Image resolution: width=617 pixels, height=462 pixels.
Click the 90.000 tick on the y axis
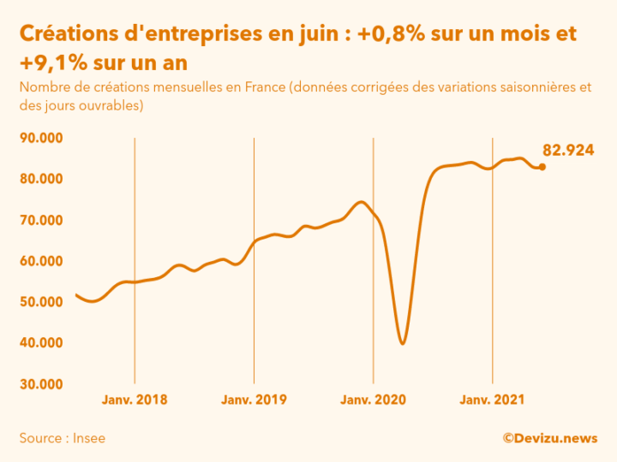click(x=42, y=138)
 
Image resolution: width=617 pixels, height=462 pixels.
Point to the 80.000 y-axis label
click(x=42, y=179)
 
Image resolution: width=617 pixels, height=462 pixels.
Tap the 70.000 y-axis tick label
click(x=42, y=220)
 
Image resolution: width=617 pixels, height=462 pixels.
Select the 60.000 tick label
click(x=42, y=261)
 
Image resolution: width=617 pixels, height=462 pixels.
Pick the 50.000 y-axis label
click(x=42, y=302)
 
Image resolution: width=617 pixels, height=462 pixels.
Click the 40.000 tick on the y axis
click(x=42, y=343)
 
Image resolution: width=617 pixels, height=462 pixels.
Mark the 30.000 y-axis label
click(x=42, y=384)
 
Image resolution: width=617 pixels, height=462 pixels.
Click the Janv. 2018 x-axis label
click(x=135, y=400)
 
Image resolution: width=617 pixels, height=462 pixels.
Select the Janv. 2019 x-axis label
click(x=254, y=400)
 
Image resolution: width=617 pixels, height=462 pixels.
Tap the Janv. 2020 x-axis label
click(x=373, y=400)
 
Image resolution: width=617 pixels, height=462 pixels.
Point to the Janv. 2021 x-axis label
click(x=492, y=400)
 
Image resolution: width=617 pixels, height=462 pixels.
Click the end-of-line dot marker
click(x=542, y=167)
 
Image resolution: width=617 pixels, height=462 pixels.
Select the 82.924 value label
click(x=568, y=150)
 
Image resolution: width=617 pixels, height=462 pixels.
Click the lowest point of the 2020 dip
click(x=403, y=343)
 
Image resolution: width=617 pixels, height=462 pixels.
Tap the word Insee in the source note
click(x=90, y=438)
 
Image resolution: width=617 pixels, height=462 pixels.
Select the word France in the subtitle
click(x=263, y=88)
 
